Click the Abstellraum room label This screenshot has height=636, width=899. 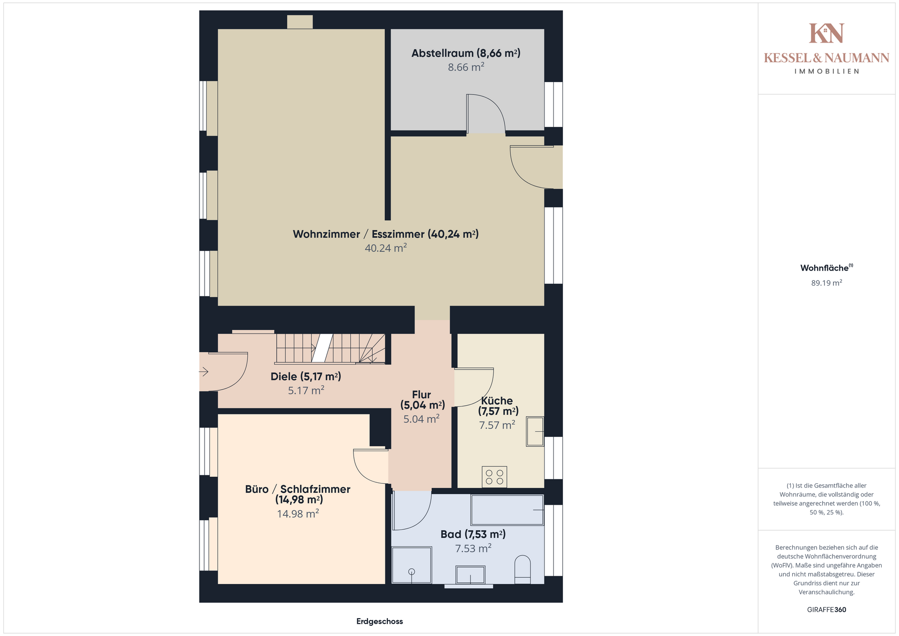click(x=466, y=53)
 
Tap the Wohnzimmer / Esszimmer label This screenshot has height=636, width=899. click(x=386, y=234)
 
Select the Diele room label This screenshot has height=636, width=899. click(x=306, y=377)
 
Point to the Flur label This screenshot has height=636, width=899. click(x=422, y=399)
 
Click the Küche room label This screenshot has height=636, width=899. click(x=498, y=406)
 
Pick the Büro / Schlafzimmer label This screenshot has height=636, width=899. click(x=298, y=495)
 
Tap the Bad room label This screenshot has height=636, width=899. click(x=473, y=534)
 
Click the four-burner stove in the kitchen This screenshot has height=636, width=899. click(x=494, y=477)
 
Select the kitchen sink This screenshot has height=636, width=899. click(x=535, y=431)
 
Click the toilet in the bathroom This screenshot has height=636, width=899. click(x=523, y=569)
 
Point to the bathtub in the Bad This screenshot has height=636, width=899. click(x=508, y=510)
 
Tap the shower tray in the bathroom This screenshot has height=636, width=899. click(x=412, y=565)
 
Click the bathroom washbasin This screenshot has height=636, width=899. click(x=470, y=575)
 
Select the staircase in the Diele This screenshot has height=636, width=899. click(x=330, y=349)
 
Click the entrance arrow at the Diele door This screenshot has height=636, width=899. click(x=204, y=372)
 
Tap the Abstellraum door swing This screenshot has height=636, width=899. click(x=486, y=114)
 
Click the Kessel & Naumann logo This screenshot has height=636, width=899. click(x=826, y=49)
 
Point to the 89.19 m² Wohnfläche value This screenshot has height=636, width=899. click(x=826, y=283)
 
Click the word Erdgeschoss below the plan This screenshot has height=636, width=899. click(x=380, y=621)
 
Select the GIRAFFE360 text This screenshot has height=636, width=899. click(x=826, y=610)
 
